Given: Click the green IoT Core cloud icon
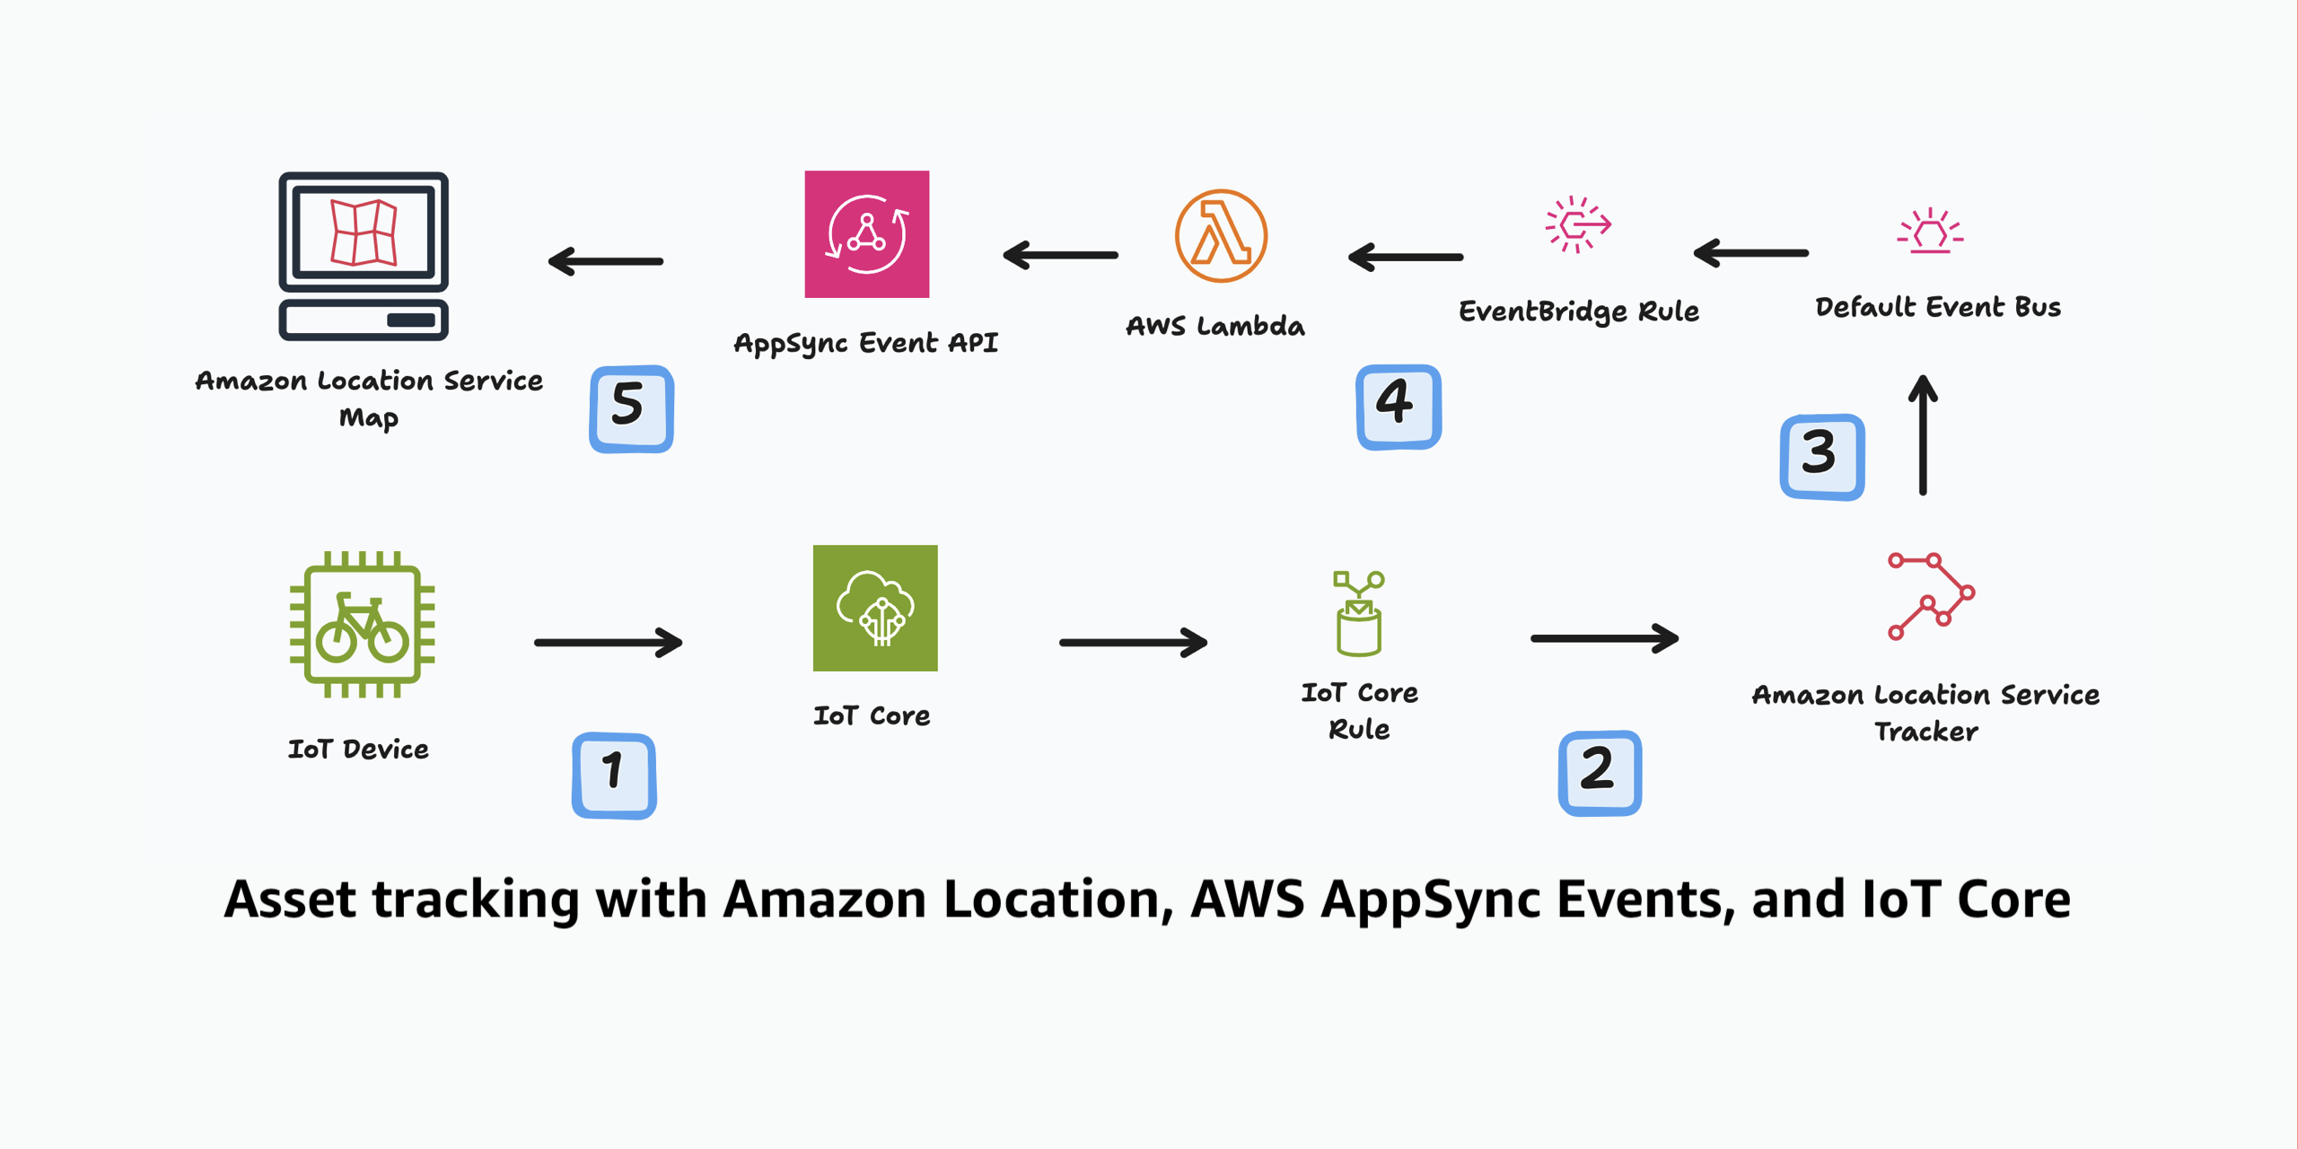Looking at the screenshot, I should pyautogui.click(x=875, y=608).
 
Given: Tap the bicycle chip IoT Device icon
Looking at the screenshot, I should pyautogui.click(x=362, y=625).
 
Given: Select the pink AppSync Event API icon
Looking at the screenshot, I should pyautogui.click(x=866, y=234).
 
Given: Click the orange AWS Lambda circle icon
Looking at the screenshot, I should pyautogui.click(x=1221, y=236).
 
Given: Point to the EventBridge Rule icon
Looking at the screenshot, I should pyautogui.click(x=1577, y=224).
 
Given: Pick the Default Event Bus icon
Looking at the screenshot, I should pyautogui.click(x=1930, y=232).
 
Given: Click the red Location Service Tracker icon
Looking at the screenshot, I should pyautogui.click(x=1930, y=595).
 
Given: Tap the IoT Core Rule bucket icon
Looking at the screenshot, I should pyautogui.click(x=1358, y=614).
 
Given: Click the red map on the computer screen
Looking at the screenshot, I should pyautogui.click(x=364, y=232).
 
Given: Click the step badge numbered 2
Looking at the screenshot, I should pyautogui.click(x=1600, y=773).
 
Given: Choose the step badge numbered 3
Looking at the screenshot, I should pyautogui.click(x=1821, y=456).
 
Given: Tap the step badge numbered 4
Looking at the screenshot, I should pyautogui.click(x=1398, y=407).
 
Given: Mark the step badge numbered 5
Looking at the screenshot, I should pyautogui.click(x=631, y=408).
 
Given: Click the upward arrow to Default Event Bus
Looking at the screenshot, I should pyautogui.click(x=1922, y=435).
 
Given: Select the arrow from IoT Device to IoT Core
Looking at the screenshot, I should pyautogui.click(x=609, y=642).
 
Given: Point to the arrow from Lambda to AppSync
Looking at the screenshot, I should pyautogui.click(x=1060, y=256).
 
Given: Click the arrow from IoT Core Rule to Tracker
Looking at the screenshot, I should pyautogui.click(x=1604, y=638).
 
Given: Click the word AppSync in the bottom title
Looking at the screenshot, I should pyautogui.click(x=1433, y=900).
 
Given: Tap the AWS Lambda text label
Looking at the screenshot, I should pyautogui.click(x=1215, y=326).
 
